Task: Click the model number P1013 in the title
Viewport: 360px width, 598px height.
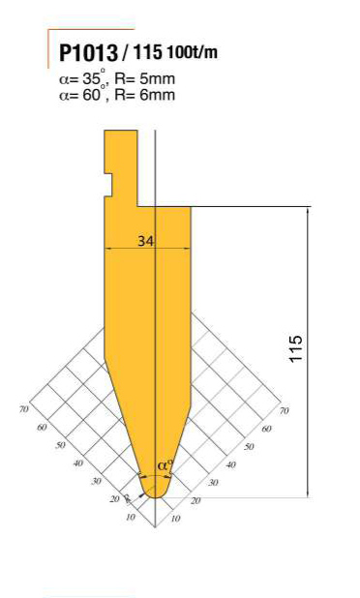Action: point(88,52)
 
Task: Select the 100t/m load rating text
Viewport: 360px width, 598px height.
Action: point(192,51)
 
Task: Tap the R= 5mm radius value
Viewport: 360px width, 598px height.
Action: point(144,79)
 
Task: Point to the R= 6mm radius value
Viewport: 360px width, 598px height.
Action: point(145,94)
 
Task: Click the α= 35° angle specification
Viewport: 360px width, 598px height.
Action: point(82,79)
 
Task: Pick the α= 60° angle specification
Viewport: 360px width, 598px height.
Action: point(82,94)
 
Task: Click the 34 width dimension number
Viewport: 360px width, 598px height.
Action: point(145,241)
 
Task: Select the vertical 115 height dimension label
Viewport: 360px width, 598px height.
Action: point(296,348)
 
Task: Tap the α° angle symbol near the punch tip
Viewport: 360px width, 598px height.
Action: point(165,465)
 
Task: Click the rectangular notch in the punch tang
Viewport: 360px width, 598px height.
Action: point(108,185)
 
